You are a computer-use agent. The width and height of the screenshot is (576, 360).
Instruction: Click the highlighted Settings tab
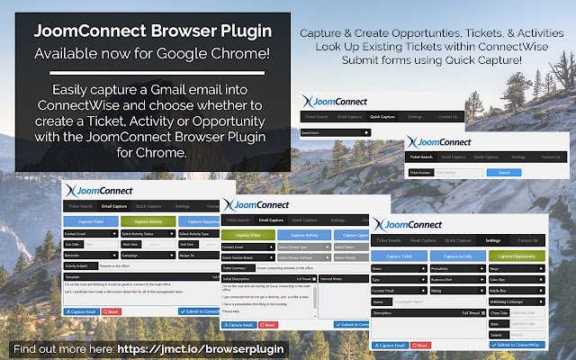point(493,240)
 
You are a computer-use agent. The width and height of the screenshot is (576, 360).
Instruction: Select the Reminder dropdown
point(89,255)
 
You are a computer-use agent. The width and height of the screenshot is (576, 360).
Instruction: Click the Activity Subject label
point(82,266)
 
